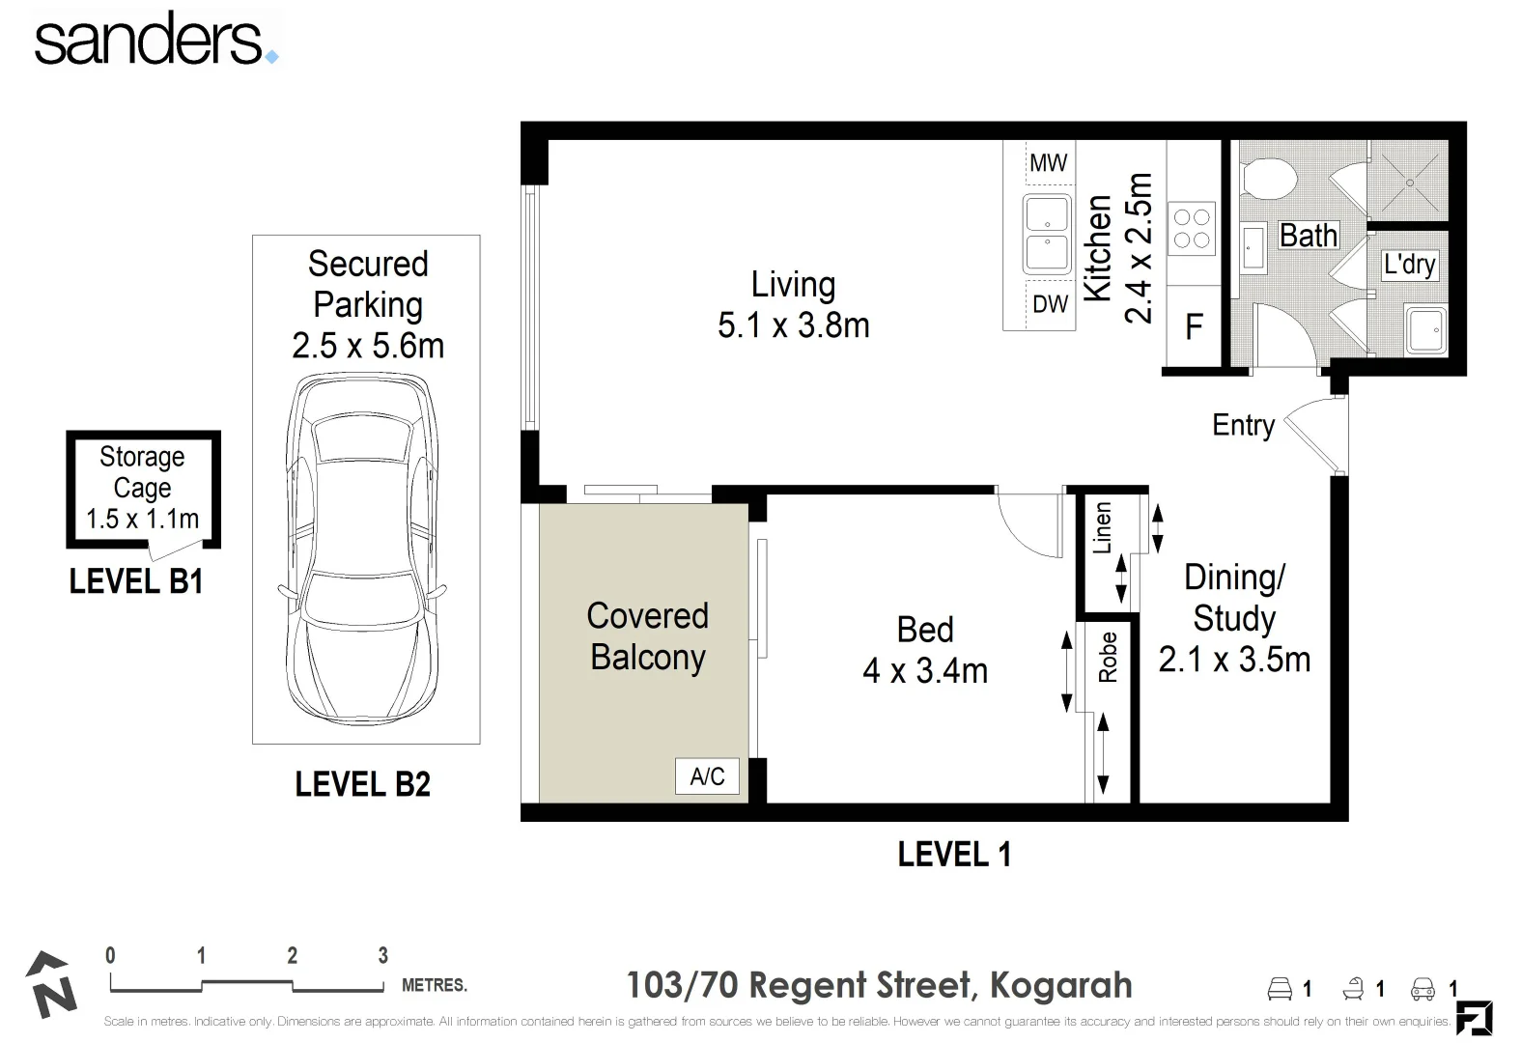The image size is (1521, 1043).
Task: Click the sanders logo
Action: point(156,40)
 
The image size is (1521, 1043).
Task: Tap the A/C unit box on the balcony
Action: point(707,776)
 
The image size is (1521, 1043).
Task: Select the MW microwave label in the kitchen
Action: point(1048,163)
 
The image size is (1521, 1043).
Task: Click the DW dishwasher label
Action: point(1050,304)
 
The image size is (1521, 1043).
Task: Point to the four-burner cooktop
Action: point(1192,229)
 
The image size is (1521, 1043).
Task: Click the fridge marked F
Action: point(1194,326)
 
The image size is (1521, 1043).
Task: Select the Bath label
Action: point(1309,236)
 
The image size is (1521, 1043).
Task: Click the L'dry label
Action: point(1409,265)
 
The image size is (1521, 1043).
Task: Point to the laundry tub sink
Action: point(1426,330)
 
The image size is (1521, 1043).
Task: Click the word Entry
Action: point(1243,426)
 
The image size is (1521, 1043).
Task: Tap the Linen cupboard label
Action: point(1102,527)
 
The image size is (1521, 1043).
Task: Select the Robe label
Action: point(1108,657)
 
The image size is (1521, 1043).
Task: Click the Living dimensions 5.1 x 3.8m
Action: point(793,325)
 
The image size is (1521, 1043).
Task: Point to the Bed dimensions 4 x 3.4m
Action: point(925,671)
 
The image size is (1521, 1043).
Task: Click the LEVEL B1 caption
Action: point(136,581)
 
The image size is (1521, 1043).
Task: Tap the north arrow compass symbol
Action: point(51,985)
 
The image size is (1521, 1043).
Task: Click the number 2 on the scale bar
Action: point(292,955)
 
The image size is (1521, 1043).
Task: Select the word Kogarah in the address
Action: point(1060,986)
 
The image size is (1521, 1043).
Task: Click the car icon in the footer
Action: point(1422,989)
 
